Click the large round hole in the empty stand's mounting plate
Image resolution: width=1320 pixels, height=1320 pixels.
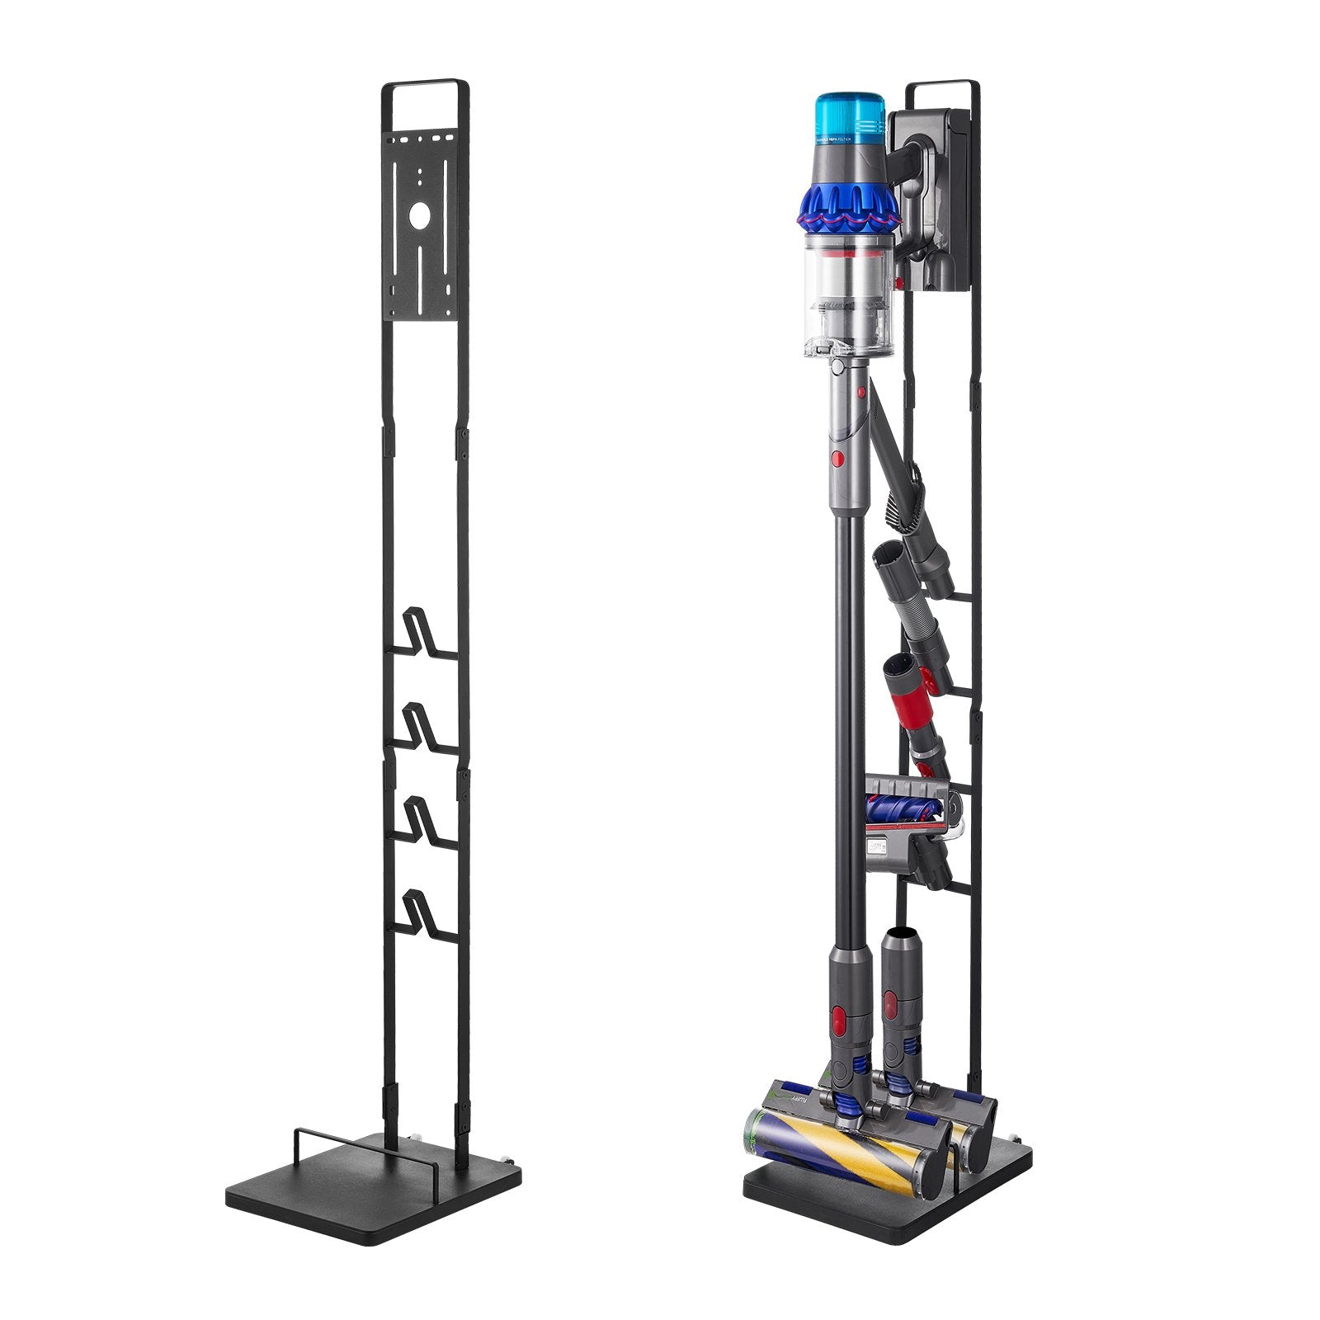[419, 217]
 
